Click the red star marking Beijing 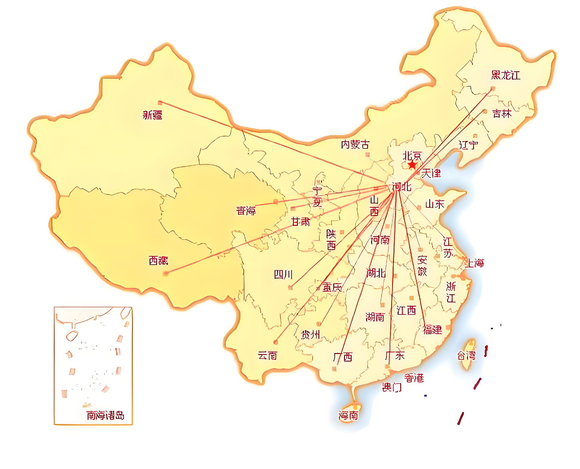point(412,165)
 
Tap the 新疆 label point(153,115)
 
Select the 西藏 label point(158,261)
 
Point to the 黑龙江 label point(506,75)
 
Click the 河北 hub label point(401,187)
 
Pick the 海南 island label point(348,416)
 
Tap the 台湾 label point(466,356)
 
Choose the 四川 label point(283,275)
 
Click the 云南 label point(267,356)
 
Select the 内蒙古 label point(355,145)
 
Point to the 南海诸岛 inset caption point(105,416)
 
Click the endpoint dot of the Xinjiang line point(160,103)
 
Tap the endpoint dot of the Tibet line point(165,273)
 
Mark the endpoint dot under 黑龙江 point(493,88)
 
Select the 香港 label point(414,378)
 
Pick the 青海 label point(246,210)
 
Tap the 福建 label point(433,330)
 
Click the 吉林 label point(502,114)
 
